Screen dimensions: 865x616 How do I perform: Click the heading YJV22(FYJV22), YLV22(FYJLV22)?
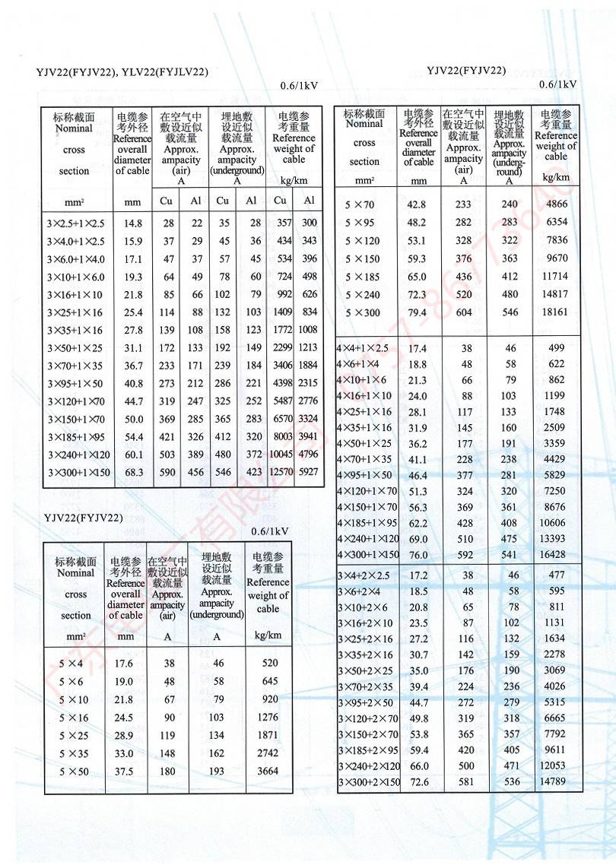pyautogui.click(x=122, y=72)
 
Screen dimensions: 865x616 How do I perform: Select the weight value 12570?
pyautogui.click(x=281, y=473)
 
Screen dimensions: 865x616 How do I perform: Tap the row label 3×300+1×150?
pyautogui.click(x=79, y=473)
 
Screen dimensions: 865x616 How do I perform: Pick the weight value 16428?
pyautogui.click(x=552, y=555)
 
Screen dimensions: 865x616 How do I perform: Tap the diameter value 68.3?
pyautogui.click(x=133, y=473)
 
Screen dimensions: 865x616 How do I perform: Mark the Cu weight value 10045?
pyautogui.click(x=281, y=455)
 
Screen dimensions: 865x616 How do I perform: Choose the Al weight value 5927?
pyautogui.click(x=308, y=473)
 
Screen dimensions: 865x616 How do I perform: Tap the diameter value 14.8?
pyautogui.click(x=133, y=223)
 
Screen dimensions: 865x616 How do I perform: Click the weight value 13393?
pyautogui.click(x=552, y=539)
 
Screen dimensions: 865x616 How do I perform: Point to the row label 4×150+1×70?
pyautogui.click(x=367, y=507)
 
